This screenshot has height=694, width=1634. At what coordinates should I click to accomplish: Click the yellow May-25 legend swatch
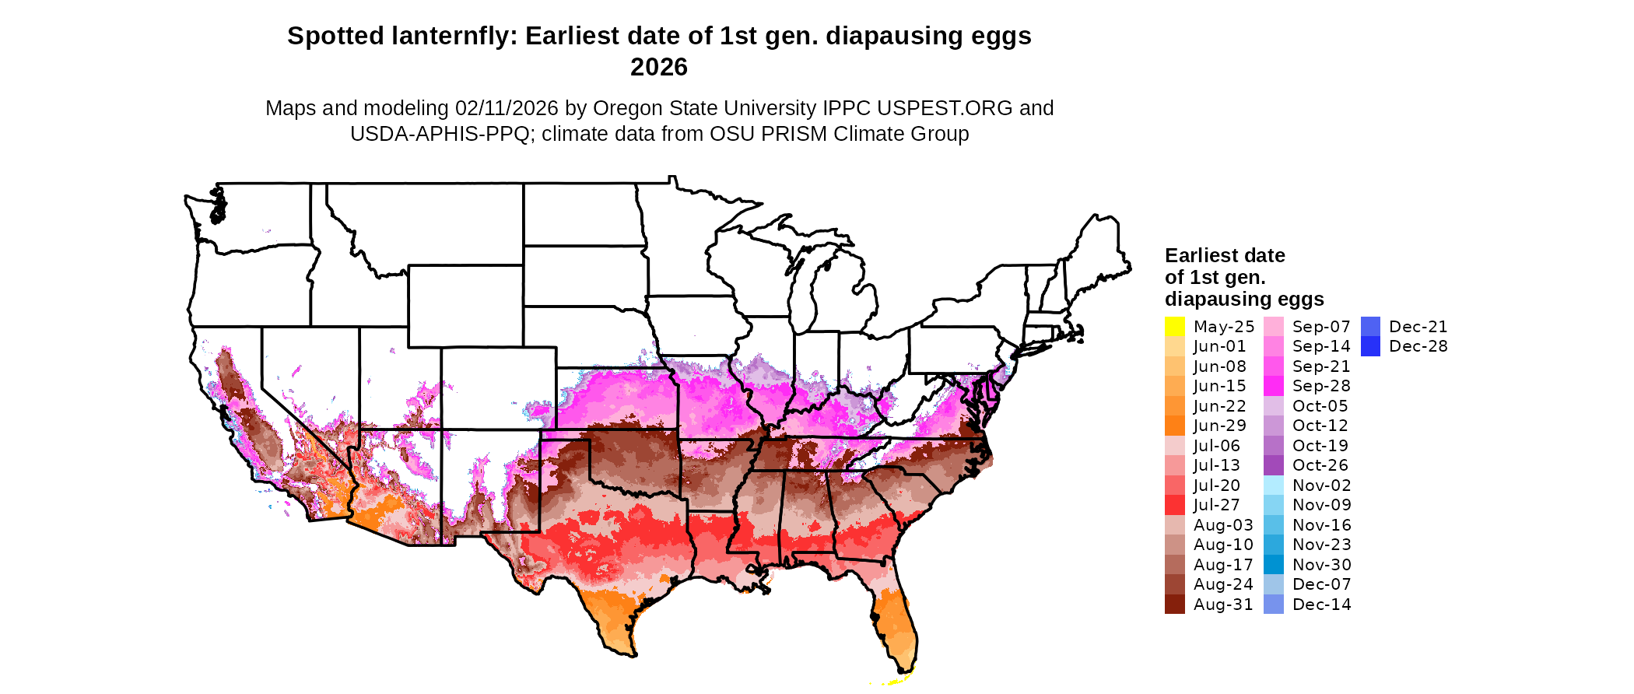coord(1174,327)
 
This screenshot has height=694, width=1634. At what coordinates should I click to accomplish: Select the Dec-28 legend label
coord(1418,346)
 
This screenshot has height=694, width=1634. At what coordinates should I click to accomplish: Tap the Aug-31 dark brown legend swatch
coord(1174,605)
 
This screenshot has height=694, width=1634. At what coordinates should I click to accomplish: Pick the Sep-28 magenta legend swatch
coord(1274,386)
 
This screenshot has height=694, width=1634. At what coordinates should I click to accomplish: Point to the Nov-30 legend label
coord(1321,565)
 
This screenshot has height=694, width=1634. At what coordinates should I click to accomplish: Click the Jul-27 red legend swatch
coord(1174,505)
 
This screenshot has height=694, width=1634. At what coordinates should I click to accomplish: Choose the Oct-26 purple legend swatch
coord(1274,465)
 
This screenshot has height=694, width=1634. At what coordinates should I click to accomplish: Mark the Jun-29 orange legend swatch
coord(1174,426)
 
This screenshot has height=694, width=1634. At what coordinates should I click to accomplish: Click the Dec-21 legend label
coord(1418,327)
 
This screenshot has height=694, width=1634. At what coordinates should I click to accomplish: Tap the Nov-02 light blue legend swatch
coord(1274,485)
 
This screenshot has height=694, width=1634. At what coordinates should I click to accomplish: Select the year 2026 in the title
coord(659,68)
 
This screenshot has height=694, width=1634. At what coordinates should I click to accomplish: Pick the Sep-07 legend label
coord(1321,327)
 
